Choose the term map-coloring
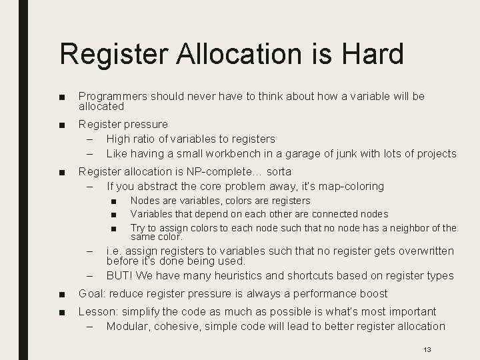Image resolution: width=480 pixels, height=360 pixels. coord(351,186)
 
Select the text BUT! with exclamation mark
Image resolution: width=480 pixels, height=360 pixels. coord(119,275)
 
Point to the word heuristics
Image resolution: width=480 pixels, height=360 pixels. coord(239,275)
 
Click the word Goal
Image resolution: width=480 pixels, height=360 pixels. coord(91,293)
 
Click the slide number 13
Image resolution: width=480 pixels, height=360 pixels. coord(426,349)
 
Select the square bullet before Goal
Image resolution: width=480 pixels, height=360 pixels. coord(62,294)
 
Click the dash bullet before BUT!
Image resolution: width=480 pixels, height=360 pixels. coord(89,275)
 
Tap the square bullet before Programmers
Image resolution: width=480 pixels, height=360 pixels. coord(62,97)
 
